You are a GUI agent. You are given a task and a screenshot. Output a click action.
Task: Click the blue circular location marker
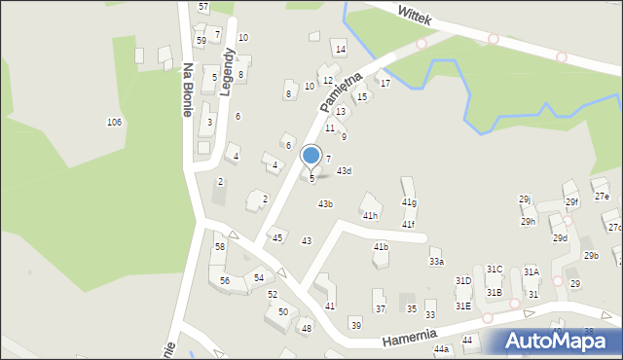click(x=311, y=155)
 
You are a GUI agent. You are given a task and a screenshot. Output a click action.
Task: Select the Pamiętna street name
click(x=346, y=91)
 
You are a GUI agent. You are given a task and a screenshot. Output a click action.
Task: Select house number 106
click(x=114, y=122)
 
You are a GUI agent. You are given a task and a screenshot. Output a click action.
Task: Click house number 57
click(x=202, y=7)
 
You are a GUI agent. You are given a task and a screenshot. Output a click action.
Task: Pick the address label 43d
click(x=344, y=171)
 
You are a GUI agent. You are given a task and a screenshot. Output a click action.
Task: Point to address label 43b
click(x=325, y=204)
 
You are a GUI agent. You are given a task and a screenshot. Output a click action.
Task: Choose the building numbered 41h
click(x=370, y=216)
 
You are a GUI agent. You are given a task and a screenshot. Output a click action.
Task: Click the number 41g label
click(x=409, y=202)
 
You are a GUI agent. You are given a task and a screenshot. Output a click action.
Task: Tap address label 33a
click(x=436, y=262)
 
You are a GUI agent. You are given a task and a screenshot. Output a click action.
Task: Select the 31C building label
click(x=495, y=270)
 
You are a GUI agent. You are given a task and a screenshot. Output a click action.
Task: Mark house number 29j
click(x=524, y=198)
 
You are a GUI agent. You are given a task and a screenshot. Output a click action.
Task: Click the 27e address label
click(x=602, y=197)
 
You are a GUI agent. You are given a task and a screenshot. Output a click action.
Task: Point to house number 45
click(x=277, y=238)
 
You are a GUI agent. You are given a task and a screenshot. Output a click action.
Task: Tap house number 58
click(x=220, y=247)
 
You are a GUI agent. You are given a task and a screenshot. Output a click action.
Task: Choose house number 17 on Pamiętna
click(x=385, y=84)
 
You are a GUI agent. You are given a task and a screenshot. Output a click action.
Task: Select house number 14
click(x=340, y=49)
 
